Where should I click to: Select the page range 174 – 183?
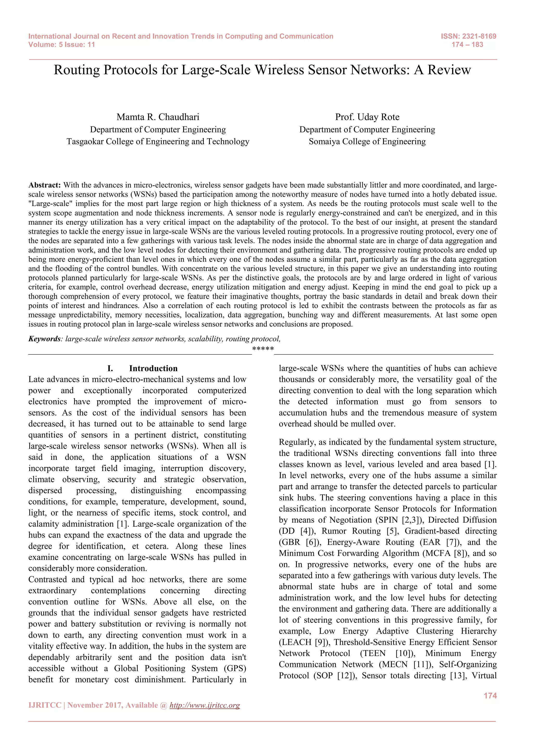click(467, 45)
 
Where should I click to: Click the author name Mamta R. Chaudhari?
click(158, 117)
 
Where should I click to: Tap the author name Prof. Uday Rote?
click(367, 117)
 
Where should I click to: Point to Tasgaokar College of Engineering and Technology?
click(158, 142)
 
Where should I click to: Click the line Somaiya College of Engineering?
click(367, 142)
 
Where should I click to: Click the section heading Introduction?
click(153, 368)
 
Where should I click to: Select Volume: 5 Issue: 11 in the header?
click(62, 45)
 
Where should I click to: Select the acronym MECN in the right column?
click(396, 664)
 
